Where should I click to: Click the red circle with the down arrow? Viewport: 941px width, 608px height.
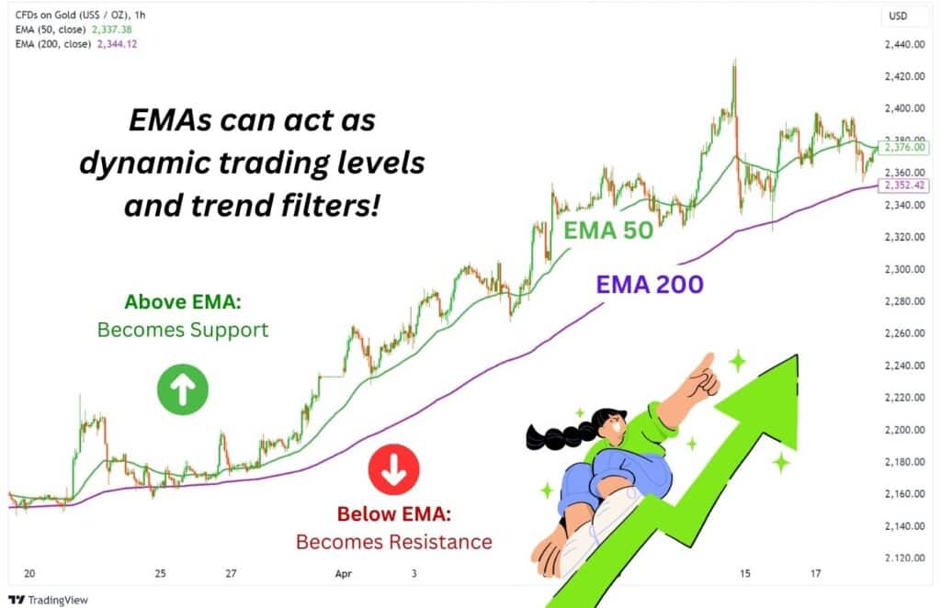coord(393,470)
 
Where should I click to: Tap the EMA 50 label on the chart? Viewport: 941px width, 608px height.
coord(607,230)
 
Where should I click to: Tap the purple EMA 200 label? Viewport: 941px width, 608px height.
coord(650,284)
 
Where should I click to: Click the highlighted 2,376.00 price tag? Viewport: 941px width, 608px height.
coord(905,147)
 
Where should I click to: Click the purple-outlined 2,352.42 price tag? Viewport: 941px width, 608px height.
coord(905,186)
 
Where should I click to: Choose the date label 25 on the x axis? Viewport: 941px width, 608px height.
coord(161,573)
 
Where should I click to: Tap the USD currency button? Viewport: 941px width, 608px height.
coord(898,16)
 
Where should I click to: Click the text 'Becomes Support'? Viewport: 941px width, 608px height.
coord(183,330)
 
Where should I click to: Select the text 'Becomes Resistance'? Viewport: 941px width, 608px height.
coord(393,541)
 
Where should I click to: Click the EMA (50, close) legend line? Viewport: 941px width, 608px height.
coord(72,29)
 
